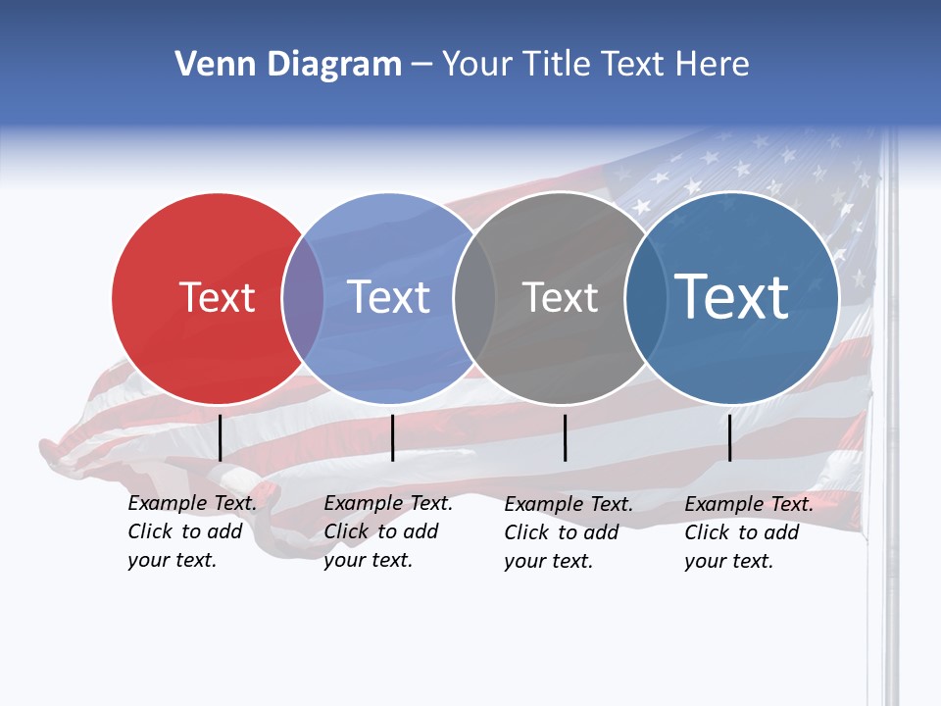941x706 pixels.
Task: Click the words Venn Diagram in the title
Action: pyautogui.click(x=288, y=65)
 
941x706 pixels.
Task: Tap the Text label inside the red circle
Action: pyautogui.click(x=217, y=297)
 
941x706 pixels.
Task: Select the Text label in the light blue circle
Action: pyautogui.click(x=388, y=297)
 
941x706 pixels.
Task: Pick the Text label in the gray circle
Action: pyautogui.click(x=560, y=297)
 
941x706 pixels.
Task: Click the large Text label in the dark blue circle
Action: pyautogui.click(x=732, y=296)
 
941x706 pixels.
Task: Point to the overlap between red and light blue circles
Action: pyautogui.click(x=302, y=298)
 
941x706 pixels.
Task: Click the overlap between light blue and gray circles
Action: pyautogui.click(x=474, y=298)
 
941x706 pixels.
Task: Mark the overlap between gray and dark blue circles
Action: pyautogui.click(x=643, y=298)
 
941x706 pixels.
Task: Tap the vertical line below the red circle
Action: pyautogui.click(x=220, y=437)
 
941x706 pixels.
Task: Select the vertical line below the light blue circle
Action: pyautogui.click(x=392, y=437)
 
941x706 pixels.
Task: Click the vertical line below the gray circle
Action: pyautogui.click(x=565, y=437)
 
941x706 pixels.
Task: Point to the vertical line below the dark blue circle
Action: pyautogui.click(x=729, y=437)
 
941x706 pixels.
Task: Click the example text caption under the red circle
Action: pyautogui.click(x=191, y=531)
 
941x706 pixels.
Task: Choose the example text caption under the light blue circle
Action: pyautogui.click(x=387, y=531)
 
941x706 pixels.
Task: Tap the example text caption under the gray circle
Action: pyautogui.click(x=568, y=532)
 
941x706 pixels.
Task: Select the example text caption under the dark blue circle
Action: pyautogui.click(x=748, y=532)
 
